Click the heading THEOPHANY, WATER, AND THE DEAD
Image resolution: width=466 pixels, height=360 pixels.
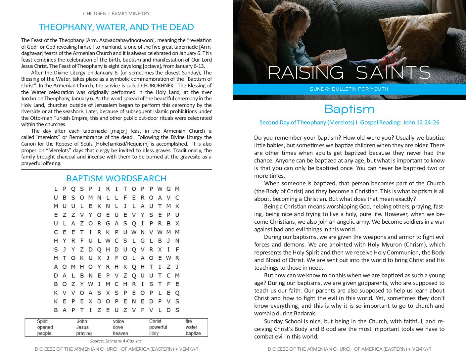pyautogui.click(x=116, y=27)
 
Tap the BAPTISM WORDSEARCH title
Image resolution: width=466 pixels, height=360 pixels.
pyautogui.click(x=116, y=178)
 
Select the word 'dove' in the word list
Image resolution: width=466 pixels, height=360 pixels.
pyautogui.click(x=118, y=327)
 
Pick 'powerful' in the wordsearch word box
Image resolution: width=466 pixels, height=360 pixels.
pyautogui.click(x=158, y=327)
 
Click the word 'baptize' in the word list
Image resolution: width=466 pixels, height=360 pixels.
pyautogui.click(x=193, y=333)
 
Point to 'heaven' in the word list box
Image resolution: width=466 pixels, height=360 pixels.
pyautogui.click(x=120, y=333)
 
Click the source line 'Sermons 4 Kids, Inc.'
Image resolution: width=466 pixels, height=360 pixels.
pyautogui.click(x=116, y=341)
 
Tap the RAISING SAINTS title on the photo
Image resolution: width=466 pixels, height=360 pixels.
pyautogui.click(x=349, y=73)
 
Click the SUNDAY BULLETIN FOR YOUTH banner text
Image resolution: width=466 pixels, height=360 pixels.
pyautogui.click(x=349, y=89)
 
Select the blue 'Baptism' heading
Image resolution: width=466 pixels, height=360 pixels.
pyautogui.click(x=349, y=109)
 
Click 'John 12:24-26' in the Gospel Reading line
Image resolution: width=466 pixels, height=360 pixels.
pyautogui.click(x=421, y=122)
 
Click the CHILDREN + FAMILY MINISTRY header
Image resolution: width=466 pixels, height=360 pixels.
pyautogui.click(x=116, y=14)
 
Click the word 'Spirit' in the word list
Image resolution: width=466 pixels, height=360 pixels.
pyautogui.click(x=42, y=321)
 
